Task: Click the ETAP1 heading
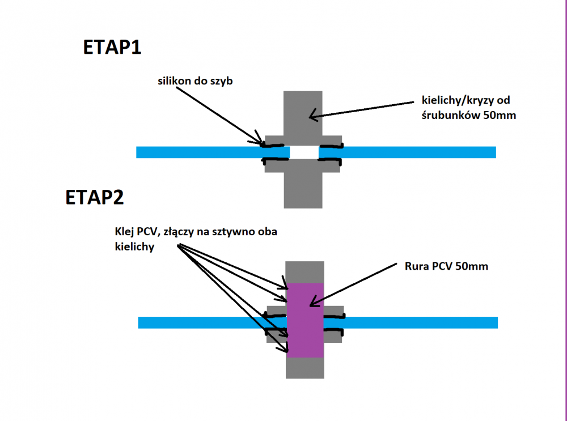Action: pyautogui.click(x=112, y=48)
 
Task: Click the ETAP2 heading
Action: pyautogui.click(x=95, y=198)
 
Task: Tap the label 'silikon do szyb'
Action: pyautogui.click(x=195, y=82)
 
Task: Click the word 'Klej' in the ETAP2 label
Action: pyautogui.click(x=123, y=233)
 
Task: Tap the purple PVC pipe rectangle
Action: pyautogui.click(x=305, y=320)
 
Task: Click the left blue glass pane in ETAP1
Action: pyautogui.click(x=198, y=152)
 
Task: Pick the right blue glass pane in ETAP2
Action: pyautogui.click(x=420, y=322)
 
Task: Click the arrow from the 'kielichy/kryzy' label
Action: pyautogui.click(x=363, y=109)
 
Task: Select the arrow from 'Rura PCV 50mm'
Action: pyautogui.click(x=352, y=283)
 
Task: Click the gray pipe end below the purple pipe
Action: pyautogui.click(x=305, y=368)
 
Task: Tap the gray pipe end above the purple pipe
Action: pyautogui.click(x=305, y=271)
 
